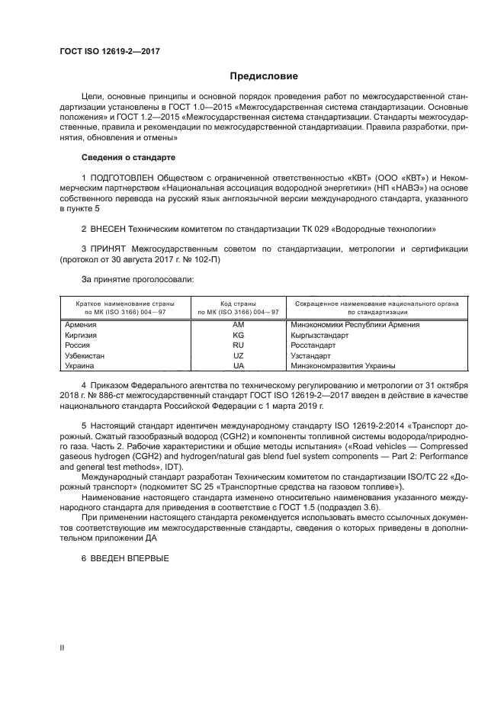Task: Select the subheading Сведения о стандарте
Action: coord(128,157)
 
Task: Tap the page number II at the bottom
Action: coord(62,648)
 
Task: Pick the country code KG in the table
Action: coord(238,335)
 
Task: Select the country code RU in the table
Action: coord(238,345)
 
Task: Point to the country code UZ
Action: coord(238,355)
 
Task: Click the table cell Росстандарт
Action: coord(312,345)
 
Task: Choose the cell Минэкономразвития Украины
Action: coord(339,366)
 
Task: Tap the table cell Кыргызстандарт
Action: coord(319,335)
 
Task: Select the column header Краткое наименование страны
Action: coord(124,303)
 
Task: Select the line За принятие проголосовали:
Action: coord(127,280)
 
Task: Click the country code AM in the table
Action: coord(238,325)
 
